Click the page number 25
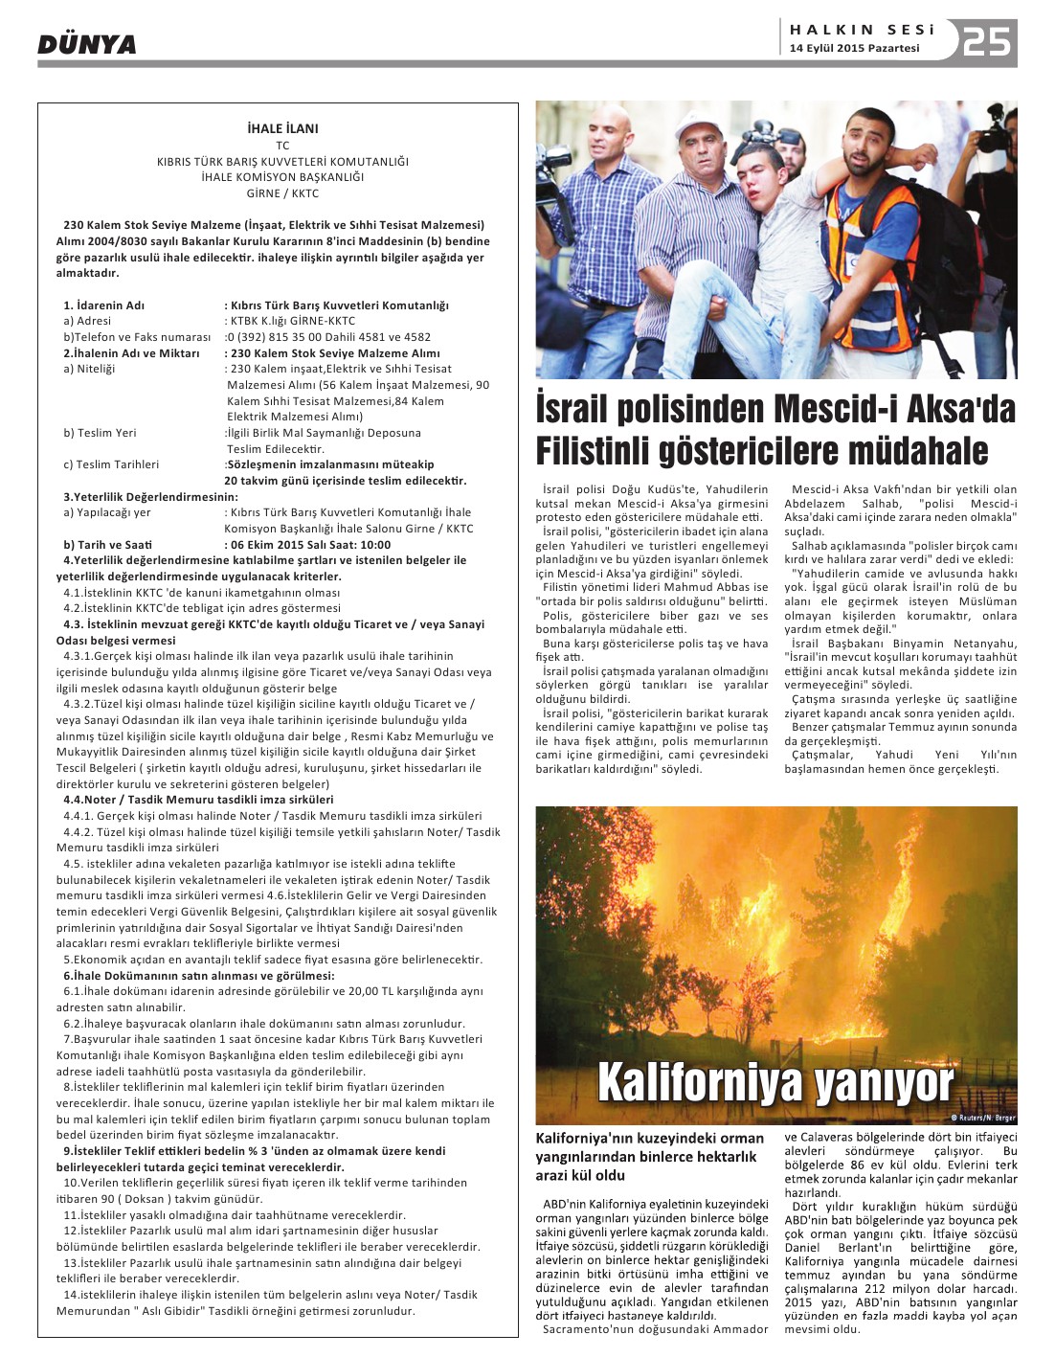click(987, 41)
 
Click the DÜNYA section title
click(87, 44)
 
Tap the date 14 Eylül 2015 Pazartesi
click(854, 48)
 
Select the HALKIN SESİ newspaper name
click(862, 30)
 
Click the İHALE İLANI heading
click(282, 128)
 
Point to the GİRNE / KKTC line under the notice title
click(282, 193)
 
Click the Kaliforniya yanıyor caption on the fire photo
click(775, 1083)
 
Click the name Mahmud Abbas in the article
click(707, 587)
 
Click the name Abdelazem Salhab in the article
click(842, 504)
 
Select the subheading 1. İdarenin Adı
click(104, 305)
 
